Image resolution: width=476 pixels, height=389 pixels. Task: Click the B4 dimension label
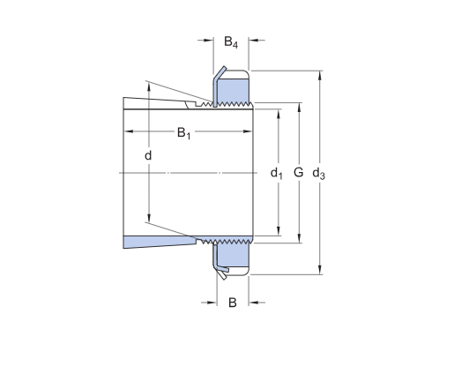[x=231, y=42]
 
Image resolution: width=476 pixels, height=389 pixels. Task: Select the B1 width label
[x=184, y=133]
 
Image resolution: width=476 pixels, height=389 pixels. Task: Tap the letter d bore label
[x=148, y=155]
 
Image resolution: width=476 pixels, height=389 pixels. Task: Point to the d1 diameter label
[x=277, y=174]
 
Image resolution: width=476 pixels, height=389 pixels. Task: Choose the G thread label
[x=299, y=173]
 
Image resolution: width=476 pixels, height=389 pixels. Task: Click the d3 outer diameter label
[x=319, y=174]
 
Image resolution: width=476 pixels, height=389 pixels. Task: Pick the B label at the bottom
[x=232, y=303]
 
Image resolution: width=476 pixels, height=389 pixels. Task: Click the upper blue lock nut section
[x=233, y=90]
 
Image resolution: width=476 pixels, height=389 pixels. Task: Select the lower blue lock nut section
[x=233, y=255]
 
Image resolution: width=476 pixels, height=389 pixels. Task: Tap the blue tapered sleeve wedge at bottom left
[x=160, y=242]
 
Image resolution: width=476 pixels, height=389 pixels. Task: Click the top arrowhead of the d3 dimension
[x=320, y=75]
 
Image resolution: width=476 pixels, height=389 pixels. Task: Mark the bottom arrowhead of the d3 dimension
[x=320, y=270]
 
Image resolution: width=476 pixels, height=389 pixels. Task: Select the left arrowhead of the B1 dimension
[x=129, y=131]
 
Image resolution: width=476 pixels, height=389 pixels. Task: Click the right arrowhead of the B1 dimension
[x=248, y=131]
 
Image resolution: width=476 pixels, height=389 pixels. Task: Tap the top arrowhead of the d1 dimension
[x=279, y=114]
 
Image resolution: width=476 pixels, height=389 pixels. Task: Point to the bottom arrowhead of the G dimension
[x=300, y=238]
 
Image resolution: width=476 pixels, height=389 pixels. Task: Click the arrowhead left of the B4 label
[x=209, y=40]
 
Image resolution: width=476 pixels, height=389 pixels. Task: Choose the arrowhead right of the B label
[x=253, y=303]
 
